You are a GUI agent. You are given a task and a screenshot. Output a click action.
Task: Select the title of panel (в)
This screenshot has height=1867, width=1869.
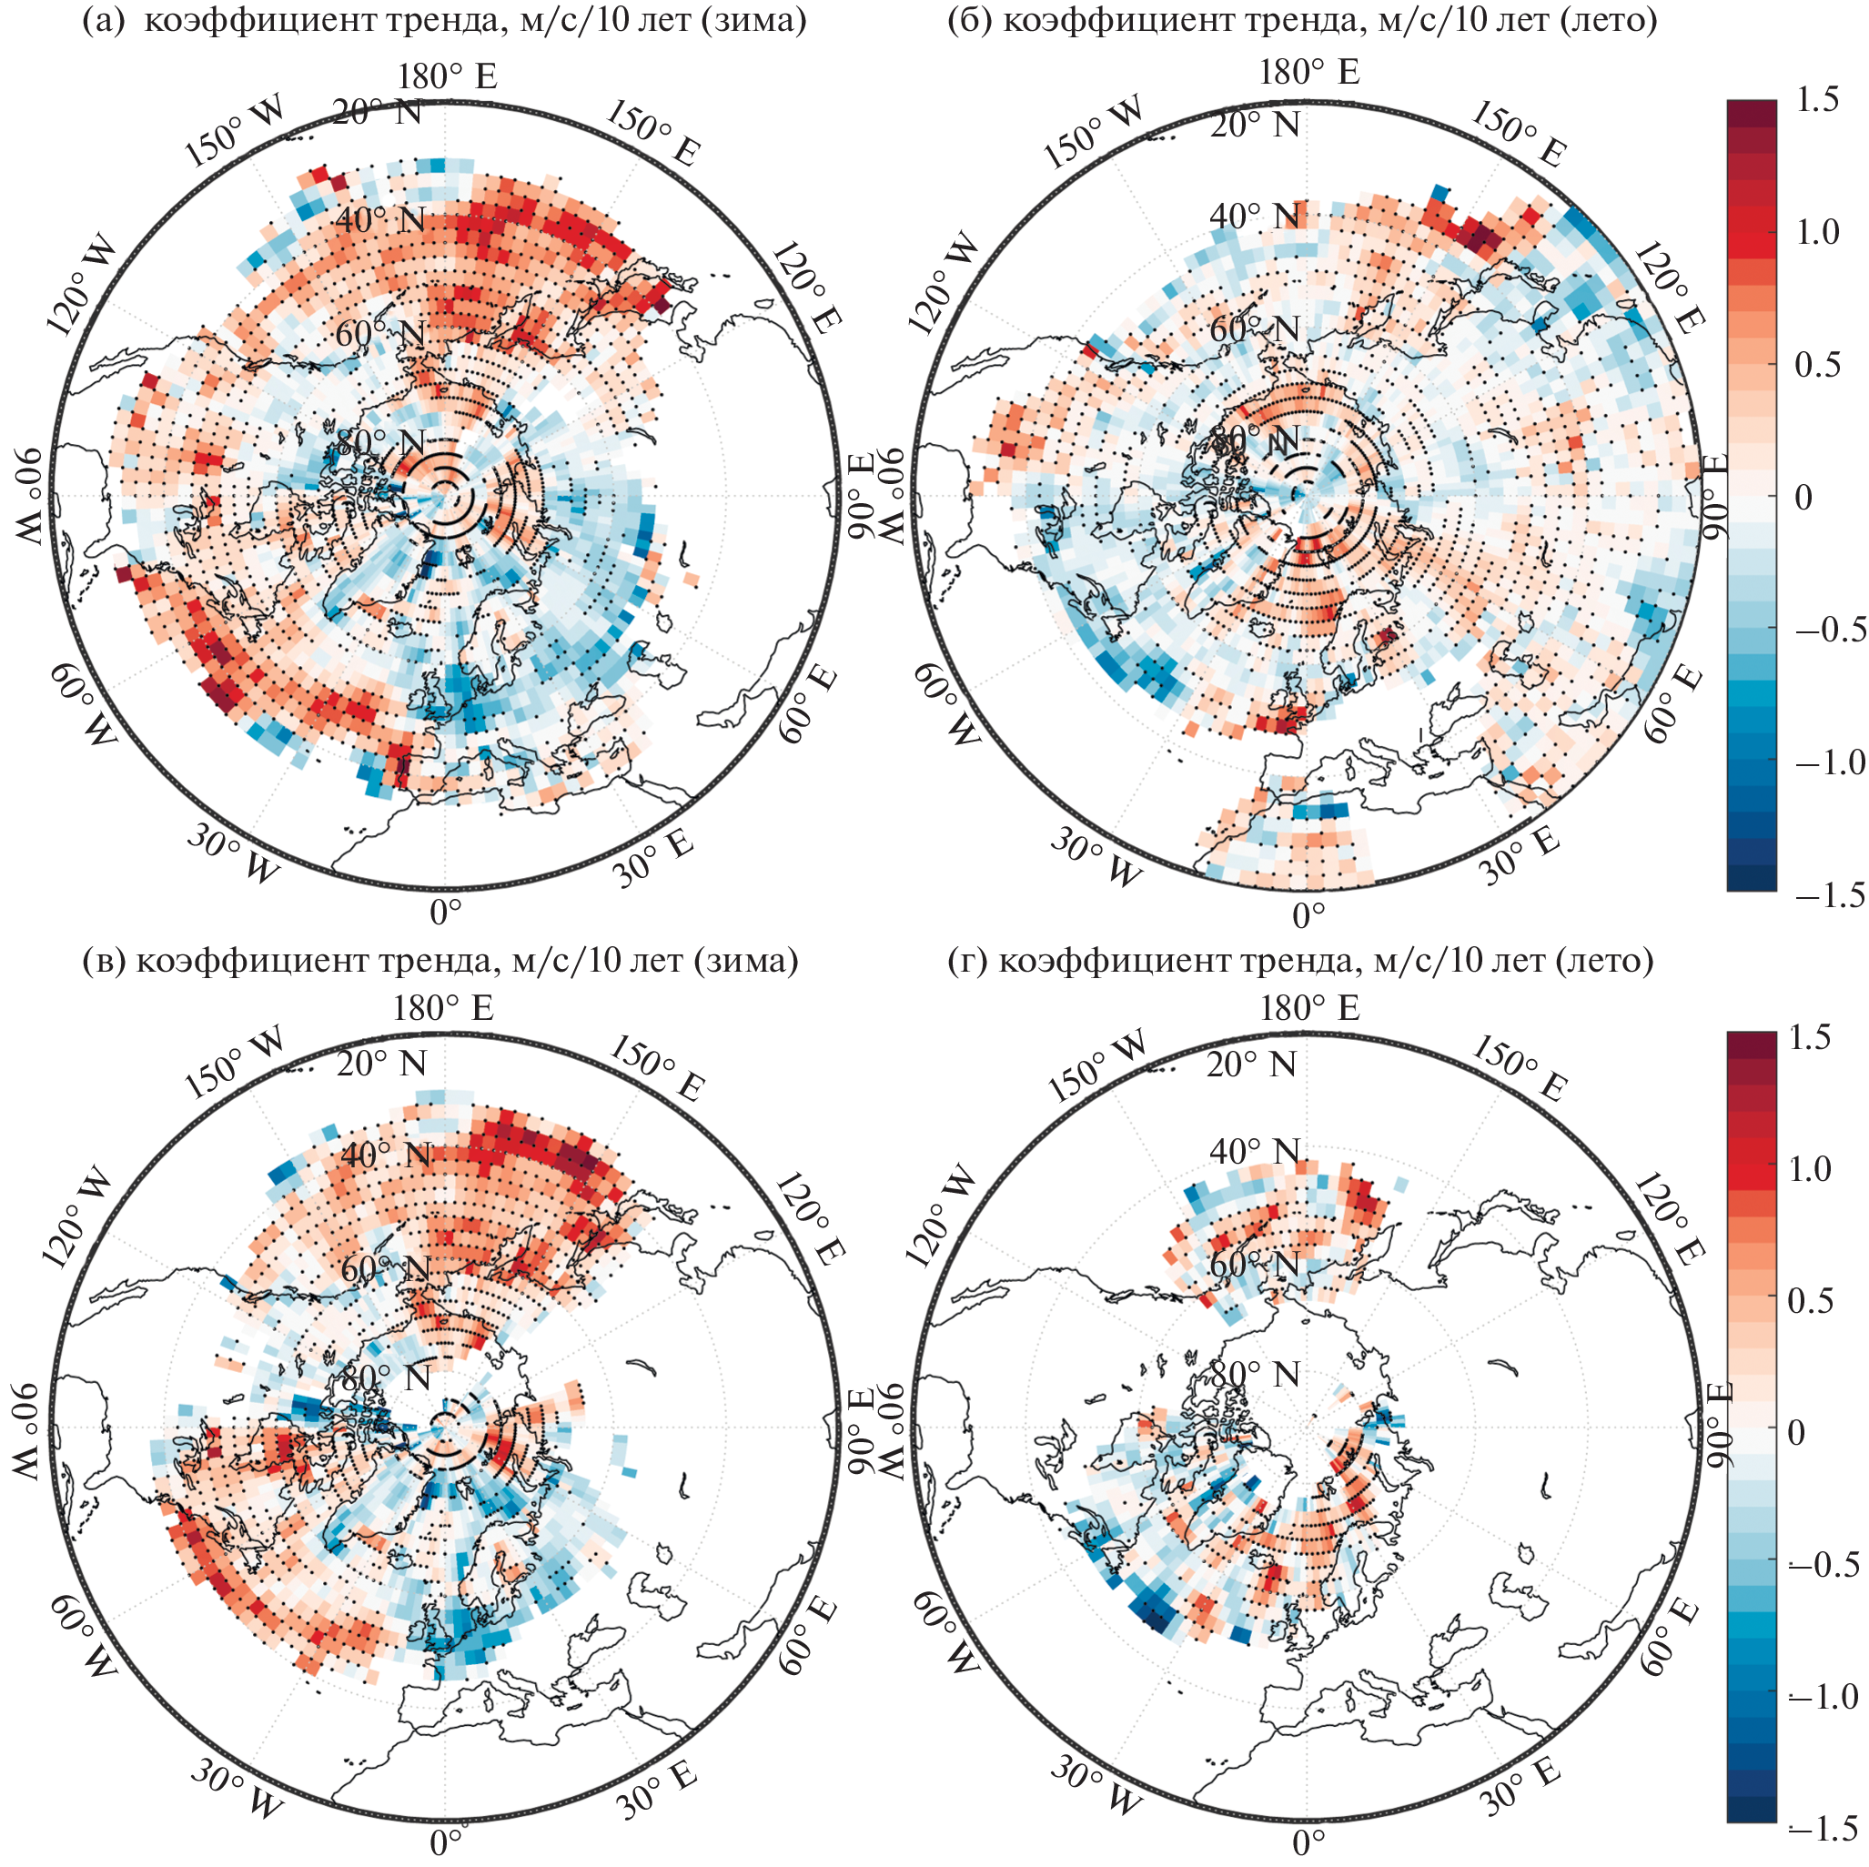[441, 960]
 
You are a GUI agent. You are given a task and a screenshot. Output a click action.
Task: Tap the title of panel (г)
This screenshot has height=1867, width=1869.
[1302, 960]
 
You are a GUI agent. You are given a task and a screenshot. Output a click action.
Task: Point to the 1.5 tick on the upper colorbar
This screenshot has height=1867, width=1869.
[1814, 100]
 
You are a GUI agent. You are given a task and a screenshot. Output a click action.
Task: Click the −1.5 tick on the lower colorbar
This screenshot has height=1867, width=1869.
[1824, 1828]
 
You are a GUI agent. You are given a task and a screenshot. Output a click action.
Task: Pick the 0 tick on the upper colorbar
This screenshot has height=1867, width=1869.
[1803, 497]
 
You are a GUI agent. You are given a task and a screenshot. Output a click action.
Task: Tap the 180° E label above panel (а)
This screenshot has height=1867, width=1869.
[446, 76]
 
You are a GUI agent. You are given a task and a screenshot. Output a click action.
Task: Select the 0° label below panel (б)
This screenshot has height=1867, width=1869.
[1308, 914]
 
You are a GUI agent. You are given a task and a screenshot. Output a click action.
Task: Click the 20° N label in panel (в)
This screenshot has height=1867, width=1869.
[381, 1063]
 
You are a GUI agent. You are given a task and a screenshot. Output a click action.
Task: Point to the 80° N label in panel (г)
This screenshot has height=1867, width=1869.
[1256, 1373]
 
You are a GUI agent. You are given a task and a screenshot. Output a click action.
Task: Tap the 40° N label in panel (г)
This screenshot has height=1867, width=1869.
[1255, 1151]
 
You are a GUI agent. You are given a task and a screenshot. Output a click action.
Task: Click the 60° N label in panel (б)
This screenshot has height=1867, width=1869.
[1255, 328]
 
